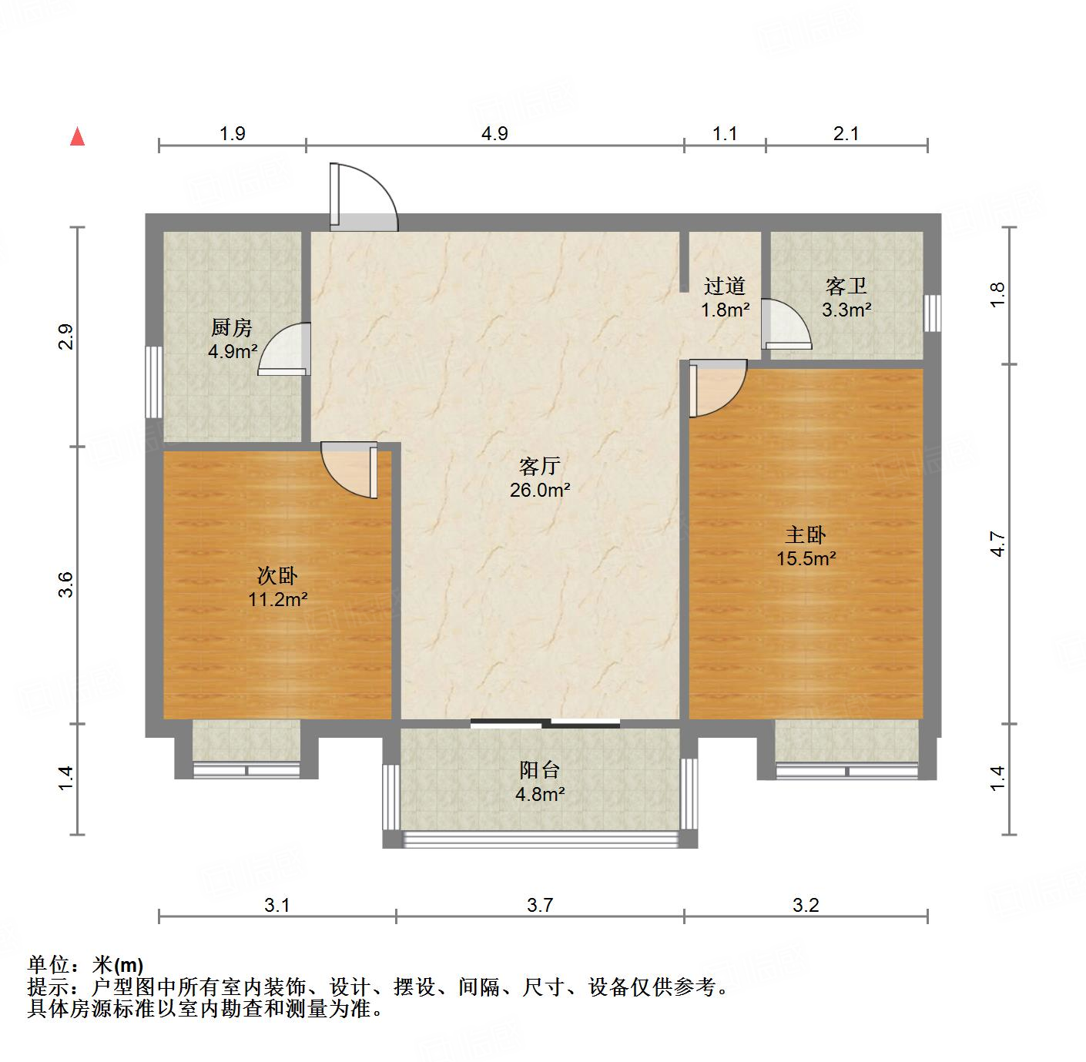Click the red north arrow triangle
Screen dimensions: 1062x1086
(77, 136)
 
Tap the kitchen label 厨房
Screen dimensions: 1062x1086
(231, 328)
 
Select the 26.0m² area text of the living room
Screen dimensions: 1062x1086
(540, 489)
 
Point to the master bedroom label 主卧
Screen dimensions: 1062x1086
(806, 534)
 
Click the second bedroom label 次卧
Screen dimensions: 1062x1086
(277, 575)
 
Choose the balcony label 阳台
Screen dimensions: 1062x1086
(539, 769)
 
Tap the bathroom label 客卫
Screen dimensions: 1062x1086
(846, 286)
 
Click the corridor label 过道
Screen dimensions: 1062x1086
(725, 286)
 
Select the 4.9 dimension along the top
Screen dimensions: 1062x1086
(494, 134)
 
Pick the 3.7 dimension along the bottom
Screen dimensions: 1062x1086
(540, 906)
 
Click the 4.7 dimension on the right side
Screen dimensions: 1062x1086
(998, 544)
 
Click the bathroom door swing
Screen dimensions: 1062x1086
(786, 325)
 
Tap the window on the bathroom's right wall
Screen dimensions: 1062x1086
(932, 313)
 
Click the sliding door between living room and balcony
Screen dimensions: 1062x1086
(545, 722)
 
